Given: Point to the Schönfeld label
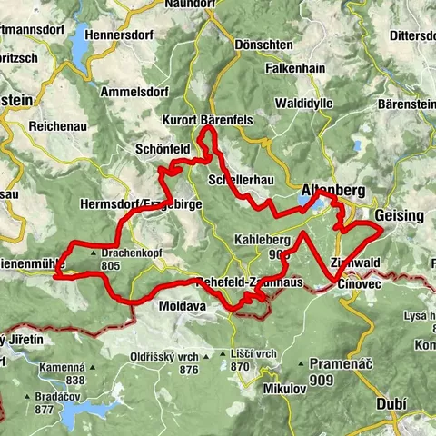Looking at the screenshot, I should (163, 149).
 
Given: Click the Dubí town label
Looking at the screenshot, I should (398, 406).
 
